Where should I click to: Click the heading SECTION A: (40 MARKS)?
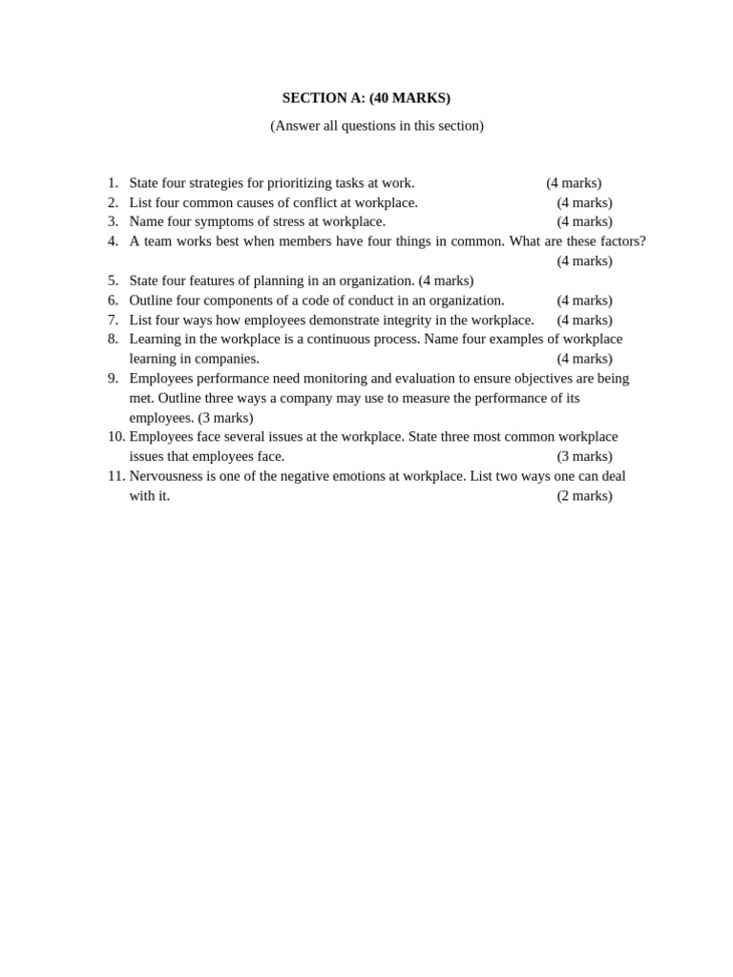(366, 98)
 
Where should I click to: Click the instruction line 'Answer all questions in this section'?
(377, 126)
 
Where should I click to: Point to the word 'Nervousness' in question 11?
(167, 476)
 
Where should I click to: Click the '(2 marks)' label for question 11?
(584, 496)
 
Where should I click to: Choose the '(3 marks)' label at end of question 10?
(584, 457)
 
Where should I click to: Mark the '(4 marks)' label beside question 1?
(574, 183)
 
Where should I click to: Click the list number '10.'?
(116, 437)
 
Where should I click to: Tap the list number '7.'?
(113, 320)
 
